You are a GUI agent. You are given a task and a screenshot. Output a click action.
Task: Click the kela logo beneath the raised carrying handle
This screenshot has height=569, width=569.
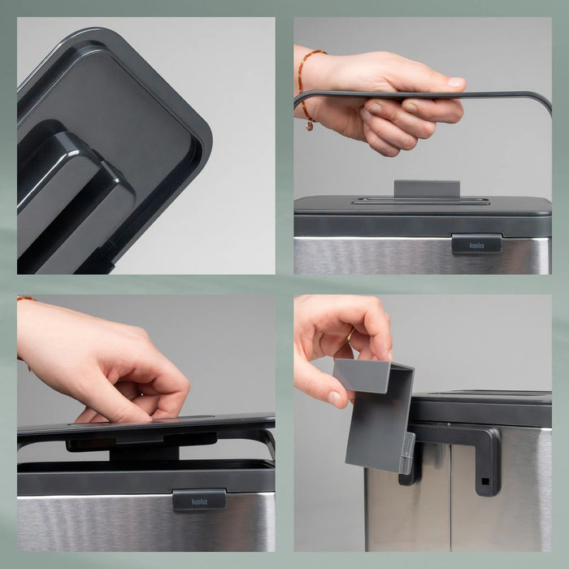(x=476, y=245)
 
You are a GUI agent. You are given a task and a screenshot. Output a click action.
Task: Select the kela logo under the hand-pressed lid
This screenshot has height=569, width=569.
(x=199, y=502)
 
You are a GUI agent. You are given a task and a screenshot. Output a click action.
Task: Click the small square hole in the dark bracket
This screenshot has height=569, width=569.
(x=484, y=481)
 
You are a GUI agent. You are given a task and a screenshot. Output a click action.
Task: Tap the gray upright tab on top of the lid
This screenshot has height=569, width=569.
(x=427, y=189)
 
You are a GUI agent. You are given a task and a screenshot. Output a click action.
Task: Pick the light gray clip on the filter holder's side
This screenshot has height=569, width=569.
(x=407, y=454)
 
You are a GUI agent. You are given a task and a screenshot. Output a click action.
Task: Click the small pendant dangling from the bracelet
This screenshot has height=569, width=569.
(x=310, y=125)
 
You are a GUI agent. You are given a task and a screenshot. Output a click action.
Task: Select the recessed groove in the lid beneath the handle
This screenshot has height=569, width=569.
(x=421, y=201)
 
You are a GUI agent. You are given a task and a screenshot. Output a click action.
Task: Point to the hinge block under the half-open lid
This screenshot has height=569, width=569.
(x=144, y=454)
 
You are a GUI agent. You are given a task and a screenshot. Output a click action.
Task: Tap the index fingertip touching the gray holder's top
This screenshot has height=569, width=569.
(x=386, y=355)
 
